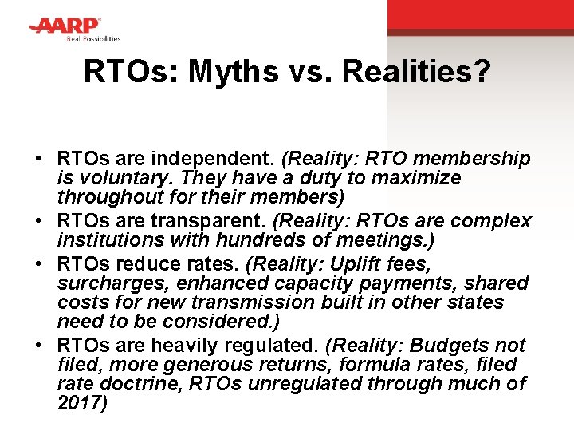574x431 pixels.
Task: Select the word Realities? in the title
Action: point(415,73)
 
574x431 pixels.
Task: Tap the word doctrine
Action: point(130,384)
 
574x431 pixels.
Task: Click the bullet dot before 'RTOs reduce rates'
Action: point(39,264)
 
